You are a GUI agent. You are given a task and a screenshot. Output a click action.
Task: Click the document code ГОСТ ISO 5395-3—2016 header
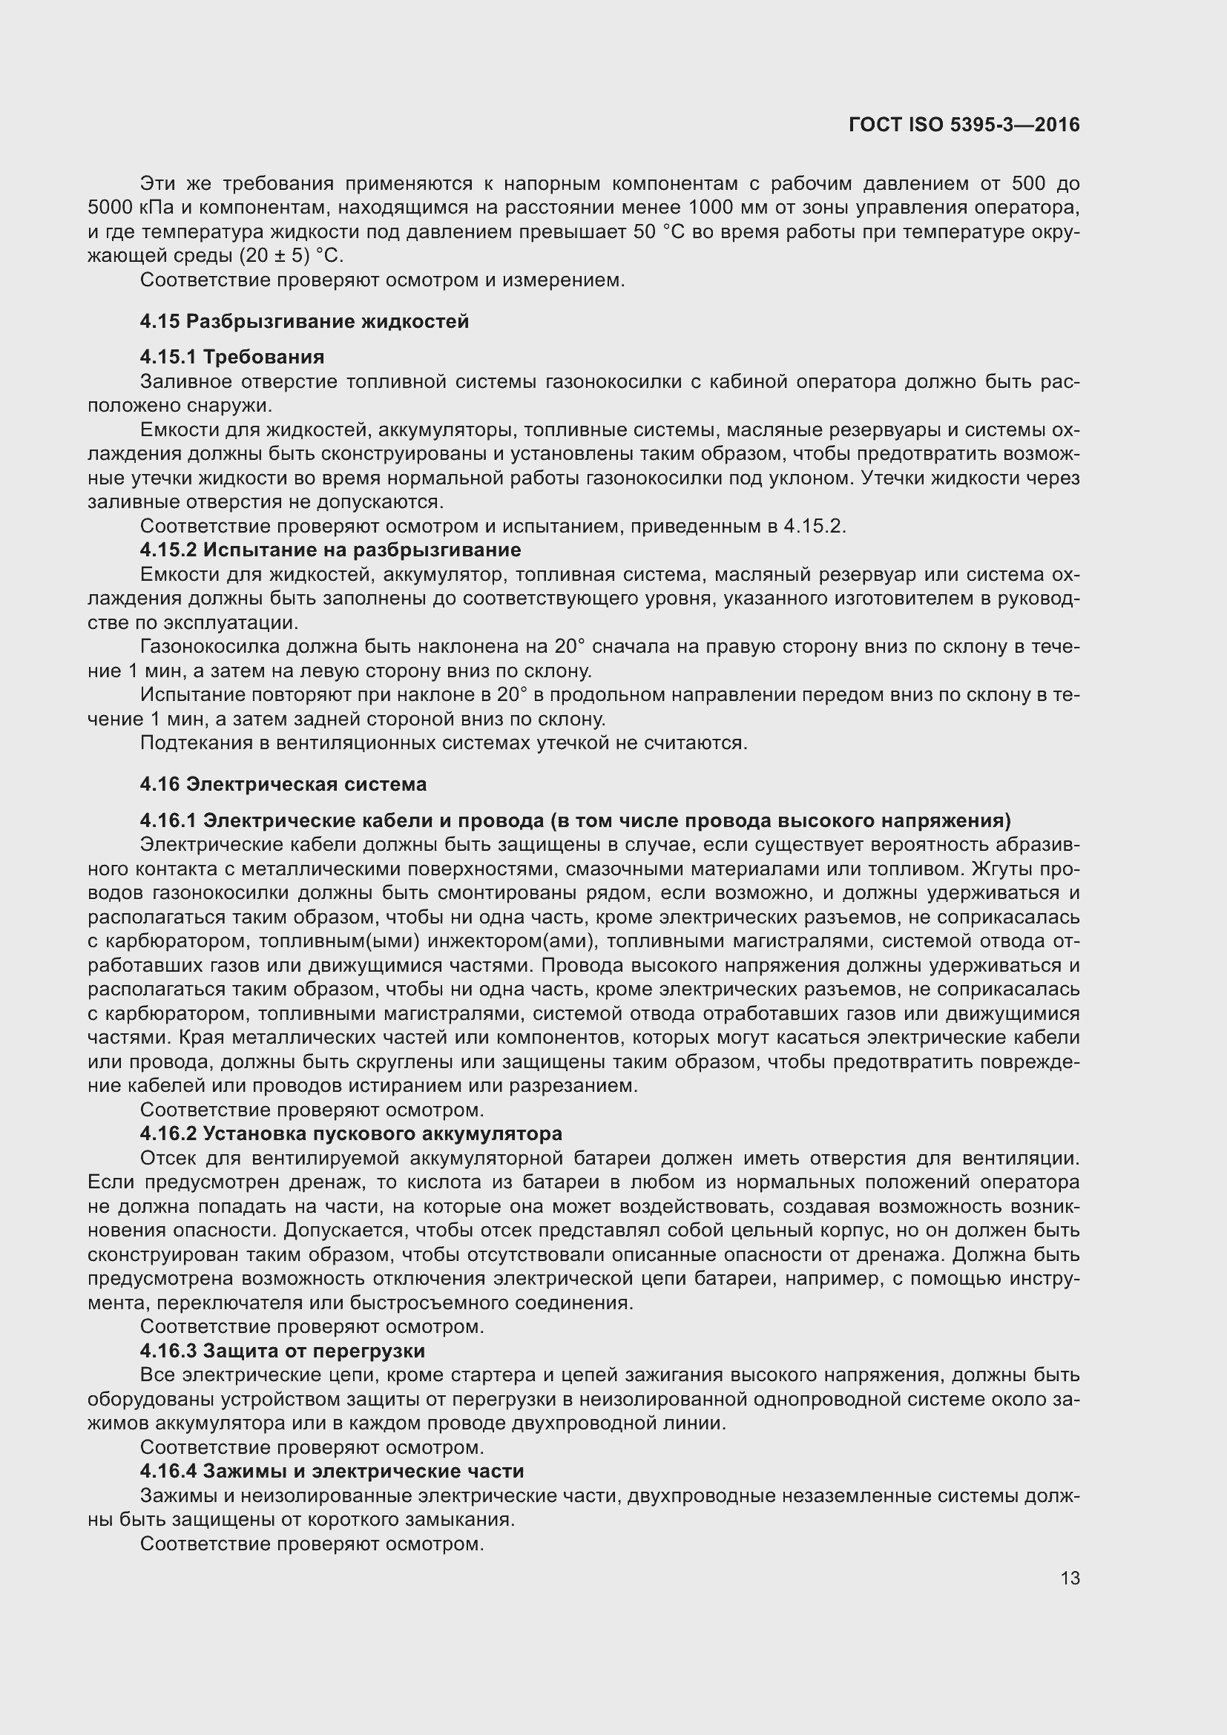(964, 125)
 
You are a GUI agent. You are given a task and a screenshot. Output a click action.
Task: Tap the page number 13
(1070, 1578)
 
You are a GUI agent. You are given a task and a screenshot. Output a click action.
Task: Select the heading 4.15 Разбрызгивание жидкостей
(303, 321)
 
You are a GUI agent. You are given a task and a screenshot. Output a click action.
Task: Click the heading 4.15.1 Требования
(232, 357)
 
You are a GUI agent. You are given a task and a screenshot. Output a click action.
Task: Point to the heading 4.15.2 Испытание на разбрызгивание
(330, 550)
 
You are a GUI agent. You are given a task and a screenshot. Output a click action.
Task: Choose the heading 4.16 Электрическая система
(283, 784)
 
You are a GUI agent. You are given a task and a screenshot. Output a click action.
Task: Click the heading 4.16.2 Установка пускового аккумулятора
(351, 1133)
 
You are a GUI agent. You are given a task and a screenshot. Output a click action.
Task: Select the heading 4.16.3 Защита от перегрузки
(283, 1350)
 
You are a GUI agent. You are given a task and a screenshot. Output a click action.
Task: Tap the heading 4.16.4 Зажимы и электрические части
(332, 1471)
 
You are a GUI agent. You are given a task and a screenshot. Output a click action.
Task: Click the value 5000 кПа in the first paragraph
(130, 208)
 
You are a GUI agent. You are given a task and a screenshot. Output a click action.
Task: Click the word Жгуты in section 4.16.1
(1010, 869)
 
